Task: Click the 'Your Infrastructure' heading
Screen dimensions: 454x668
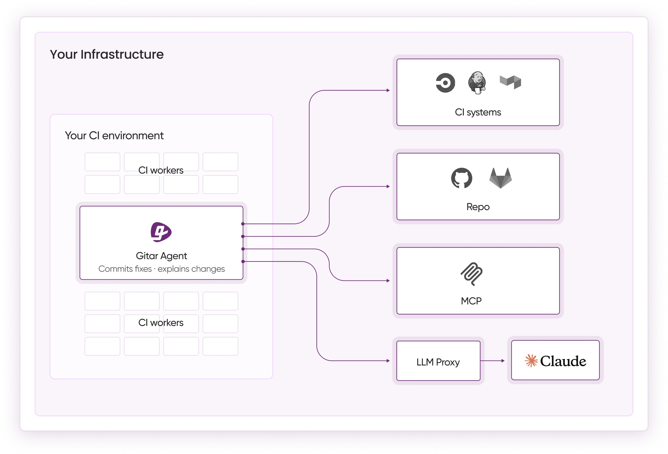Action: (x=107, y=54)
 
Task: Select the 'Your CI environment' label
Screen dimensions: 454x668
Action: (x=114, y=135)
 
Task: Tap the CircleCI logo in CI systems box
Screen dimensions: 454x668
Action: (x=445, y=83)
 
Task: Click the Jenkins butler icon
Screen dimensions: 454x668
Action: (x=477, y=83)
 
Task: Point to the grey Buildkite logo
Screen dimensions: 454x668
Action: (x=510, y=82)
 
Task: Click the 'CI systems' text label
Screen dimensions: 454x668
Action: (x=478, y=112)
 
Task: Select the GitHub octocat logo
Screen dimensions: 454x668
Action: (x=462, y=178)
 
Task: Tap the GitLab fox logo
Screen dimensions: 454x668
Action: (x=500, y=178)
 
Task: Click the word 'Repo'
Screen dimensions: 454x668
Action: (x=478, y=207)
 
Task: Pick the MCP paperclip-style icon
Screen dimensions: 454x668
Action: (x=471, y=274)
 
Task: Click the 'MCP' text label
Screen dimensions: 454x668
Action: (x=471, y=301)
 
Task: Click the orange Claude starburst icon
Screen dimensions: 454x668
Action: (x=531, y=361)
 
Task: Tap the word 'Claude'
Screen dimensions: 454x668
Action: (x=563, y=361)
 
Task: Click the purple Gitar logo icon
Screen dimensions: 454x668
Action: (x=161, y=232)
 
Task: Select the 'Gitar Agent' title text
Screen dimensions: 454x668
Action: (x=161, y=256)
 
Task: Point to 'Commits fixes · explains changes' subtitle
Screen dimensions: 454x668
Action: (x=162, y=269)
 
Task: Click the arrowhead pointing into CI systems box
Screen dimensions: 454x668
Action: (x=388, y=90)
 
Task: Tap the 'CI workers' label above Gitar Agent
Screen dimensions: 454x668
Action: (x=161, y=170)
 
